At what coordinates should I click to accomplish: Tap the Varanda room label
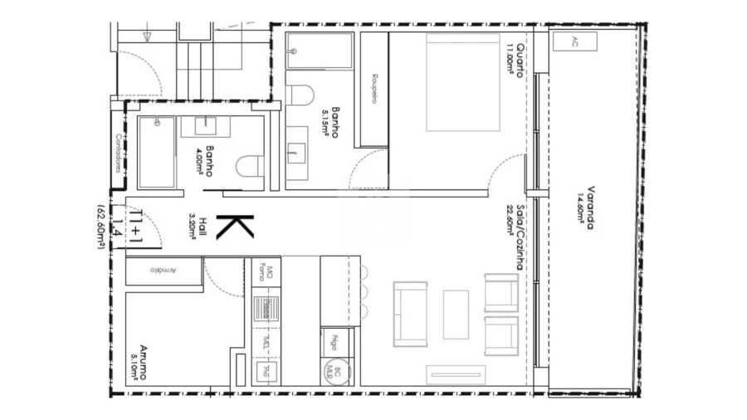589,208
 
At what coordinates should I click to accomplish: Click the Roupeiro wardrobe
374,90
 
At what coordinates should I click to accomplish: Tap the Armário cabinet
164,271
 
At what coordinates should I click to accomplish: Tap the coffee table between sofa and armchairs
455,314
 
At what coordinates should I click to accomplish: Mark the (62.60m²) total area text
100,226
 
